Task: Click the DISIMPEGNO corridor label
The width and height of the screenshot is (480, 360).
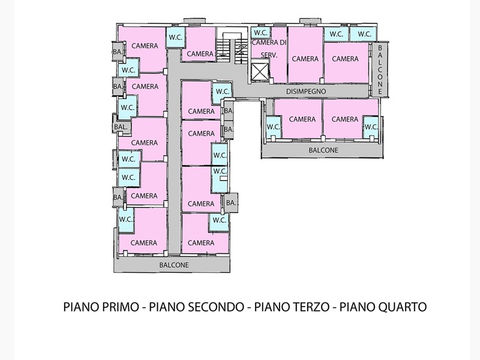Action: tap(306, 91)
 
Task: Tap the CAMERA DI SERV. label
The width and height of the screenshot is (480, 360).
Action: tap(269, 49)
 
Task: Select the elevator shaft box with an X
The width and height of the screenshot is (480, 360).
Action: tap(260, 73)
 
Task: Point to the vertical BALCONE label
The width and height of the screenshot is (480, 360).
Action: tap(380, 70)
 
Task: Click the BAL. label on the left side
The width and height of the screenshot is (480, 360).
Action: tap(121, 127)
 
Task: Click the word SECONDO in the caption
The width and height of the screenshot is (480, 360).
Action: tap(215, 307)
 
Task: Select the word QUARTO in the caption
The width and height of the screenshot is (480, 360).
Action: tap(401, 307)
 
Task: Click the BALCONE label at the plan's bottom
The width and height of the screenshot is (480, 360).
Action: tap(174, 265)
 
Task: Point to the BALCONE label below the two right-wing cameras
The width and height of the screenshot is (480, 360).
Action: tap(323, 150)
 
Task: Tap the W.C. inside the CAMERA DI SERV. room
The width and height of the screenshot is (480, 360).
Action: tap(261, 32)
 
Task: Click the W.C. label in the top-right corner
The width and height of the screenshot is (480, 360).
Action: tap(364, 34)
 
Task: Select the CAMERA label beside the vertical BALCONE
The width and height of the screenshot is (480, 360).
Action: tap(345, 58)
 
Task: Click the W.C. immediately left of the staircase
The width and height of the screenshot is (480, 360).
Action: tap(176, 37)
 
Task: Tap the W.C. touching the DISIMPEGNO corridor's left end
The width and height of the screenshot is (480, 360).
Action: tap(223, 91)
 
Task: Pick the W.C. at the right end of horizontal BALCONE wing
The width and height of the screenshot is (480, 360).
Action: tap(371, 127)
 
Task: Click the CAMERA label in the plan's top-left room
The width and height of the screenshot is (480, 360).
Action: tap(145, 46)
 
